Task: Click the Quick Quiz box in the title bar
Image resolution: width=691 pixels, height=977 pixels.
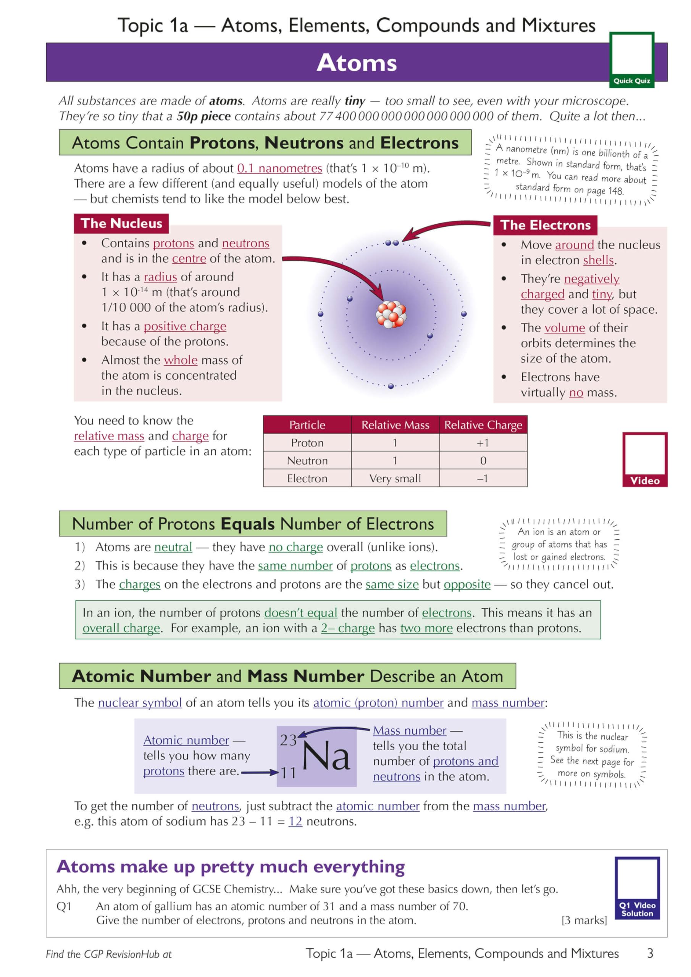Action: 631,60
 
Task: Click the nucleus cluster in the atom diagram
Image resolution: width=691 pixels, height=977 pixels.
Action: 391,314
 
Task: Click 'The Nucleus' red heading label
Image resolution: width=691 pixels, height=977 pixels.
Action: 121,223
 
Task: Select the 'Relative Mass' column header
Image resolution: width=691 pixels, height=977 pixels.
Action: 395,425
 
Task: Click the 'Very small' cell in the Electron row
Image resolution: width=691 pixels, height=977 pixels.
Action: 395,478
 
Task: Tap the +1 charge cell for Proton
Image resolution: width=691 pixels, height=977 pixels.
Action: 483,443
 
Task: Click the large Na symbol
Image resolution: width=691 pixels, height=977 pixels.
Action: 326,756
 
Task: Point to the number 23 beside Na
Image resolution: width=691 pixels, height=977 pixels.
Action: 288,740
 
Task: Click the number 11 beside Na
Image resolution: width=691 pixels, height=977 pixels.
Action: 288,772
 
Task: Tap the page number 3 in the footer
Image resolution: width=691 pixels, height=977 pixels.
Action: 650,953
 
